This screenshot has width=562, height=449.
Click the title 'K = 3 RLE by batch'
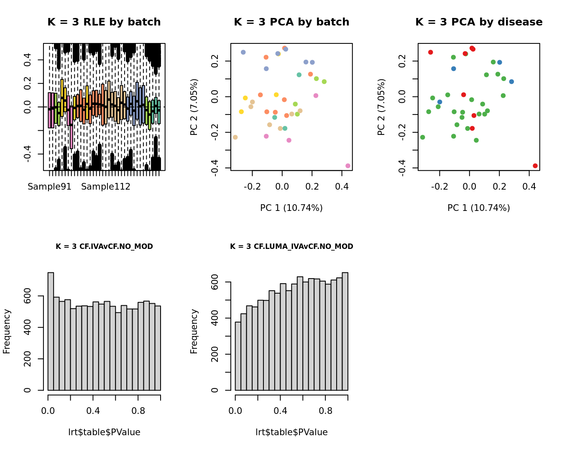coord(104,22)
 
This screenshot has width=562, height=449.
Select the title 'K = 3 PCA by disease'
coord(479,22)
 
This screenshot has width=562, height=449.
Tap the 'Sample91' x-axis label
coord(49,187)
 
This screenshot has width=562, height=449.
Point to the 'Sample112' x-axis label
coord(106,187)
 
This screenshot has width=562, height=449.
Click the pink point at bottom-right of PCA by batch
coord(348,166)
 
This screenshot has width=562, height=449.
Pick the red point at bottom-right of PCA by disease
coord(535,166)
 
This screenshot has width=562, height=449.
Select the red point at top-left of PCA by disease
coord(430,52)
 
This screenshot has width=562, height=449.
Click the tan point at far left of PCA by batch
coord(235,137)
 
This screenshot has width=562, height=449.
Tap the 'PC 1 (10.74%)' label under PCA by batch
coord(291,208)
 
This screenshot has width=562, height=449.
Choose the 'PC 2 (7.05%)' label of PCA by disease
coord(381,107)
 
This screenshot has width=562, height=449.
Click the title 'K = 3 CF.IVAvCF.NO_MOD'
coord(104,246)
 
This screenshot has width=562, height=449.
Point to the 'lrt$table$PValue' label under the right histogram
coord(291,432)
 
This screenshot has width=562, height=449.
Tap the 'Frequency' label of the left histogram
coord(7,331)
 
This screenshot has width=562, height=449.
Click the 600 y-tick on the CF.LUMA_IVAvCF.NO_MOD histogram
coord(215,282)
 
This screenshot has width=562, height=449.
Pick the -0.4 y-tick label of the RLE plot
coord(28,154)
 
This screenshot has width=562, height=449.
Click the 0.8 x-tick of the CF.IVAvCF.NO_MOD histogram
coord(138,411)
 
